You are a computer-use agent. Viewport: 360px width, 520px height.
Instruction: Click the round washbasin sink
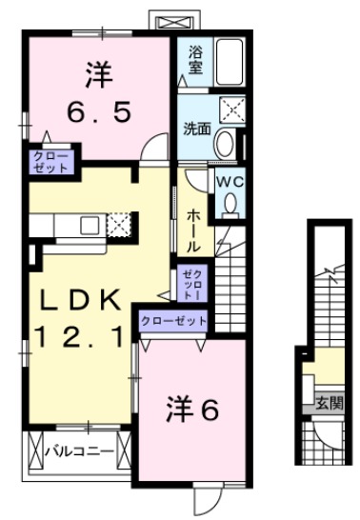224,143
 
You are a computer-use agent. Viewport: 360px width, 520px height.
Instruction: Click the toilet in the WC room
230,203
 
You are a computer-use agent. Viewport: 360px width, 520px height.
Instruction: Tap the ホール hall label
192,230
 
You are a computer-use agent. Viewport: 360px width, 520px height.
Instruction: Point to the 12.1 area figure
81,336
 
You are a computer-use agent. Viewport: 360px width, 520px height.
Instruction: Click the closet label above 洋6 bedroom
173,321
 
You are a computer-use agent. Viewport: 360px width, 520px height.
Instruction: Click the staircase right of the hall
234,276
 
